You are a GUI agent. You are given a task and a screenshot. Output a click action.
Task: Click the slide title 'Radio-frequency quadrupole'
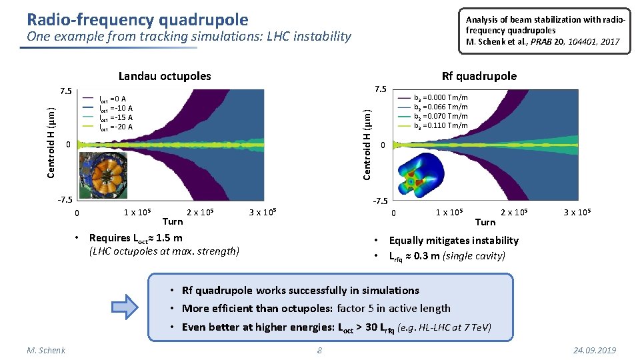tap(137, 19)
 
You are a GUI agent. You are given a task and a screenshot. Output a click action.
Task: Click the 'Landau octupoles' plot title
tap(164, 76)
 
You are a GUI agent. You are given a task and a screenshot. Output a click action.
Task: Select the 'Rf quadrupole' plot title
tap(479, 76)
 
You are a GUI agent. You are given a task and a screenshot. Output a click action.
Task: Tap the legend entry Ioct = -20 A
tap(116, 127)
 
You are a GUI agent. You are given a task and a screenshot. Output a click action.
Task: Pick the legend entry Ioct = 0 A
tap(113, 99)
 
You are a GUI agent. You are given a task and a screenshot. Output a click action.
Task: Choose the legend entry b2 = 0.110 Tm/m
tap(441, 125)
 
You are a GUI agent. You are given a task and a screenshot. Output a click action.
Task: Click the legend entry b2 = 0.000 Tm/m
tap(441, 97)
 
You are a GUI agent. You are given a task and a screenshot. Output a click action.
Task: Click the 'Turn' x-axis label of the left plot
tap(173, 221)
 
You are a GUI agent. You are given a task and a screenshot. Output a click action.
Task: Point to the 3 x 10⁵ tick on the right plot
tap(577, 213)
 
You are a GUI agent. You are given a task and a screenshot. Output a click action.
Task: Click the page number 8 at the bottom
tap(319, 351)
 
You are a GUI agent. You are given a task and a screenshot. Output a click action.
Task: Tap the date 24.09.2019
tap(594, 351)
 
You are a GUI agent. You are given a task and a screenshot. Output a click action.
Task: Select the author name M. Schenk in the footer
tap(46, 351)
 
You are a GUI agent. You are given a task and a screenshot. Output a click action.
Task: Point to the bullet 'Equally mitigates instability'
tap(453, 240)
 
